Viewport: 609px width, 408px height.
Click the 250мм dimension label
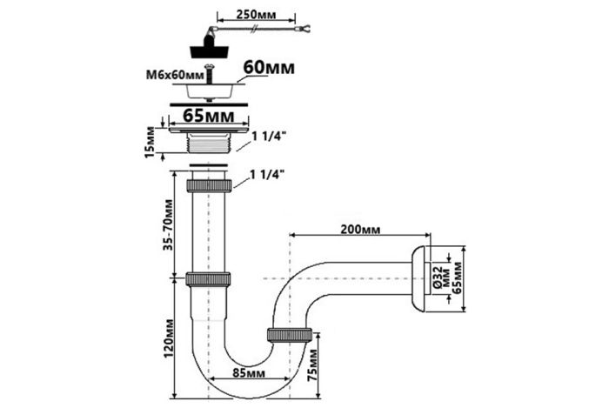(256, 15)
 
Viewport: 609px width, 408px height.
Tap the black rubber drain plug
(210, 46)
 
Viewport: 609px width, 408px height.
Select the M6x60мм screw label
(175, 75)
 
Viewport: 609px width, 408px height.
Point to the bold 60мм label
(269, 68)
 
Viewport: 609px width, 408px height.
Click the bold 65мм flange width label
(209, 116)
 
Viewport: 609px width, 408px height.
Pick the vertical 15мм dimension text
(150, 142)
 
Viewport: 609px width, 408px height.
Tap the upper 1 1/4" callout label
(269, 137)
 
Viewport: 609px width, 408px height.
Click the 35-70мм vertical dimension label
(168, 224)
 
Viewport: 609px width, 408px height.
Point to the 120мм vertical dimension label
(168, 338)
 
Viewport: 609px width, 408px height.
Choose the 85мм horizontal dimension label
(249, 373)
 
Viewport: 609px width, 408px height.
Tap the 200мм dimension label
(360, 230)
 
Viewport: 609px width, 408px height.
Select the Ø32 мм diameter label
(440, 277)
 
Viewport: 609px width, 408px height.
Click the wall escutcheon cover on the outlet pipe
(420, 278)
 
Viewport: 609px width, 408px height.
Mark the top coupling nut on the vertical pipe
(210, 185)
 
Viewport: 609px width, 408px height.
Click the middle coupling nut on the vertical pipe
(208, 279)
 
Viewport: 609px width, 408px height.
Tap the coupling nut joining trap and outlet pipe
(290, 335)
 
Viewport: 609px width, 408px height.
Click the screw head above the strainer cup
(210, 68)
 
